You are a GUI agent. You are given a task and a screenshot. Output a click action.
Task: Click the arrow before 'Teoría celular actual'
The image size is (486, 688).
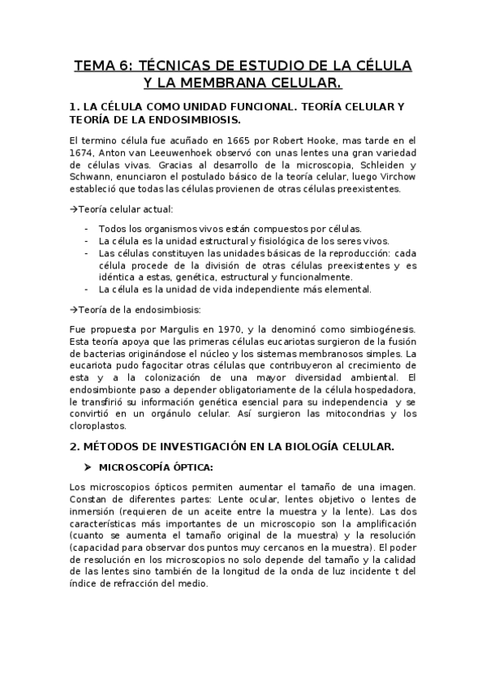74,209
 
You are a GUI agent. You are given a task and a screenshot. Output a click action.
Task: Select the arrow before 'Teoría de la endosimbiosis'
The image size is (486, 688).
74,309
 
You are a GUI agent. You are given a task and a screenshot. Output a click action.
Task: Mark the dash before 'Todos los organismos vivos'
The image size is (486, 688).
87,229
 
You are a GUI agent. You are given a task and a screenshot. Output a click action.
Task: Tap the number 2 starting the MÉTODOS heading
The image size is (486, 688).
74,446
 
